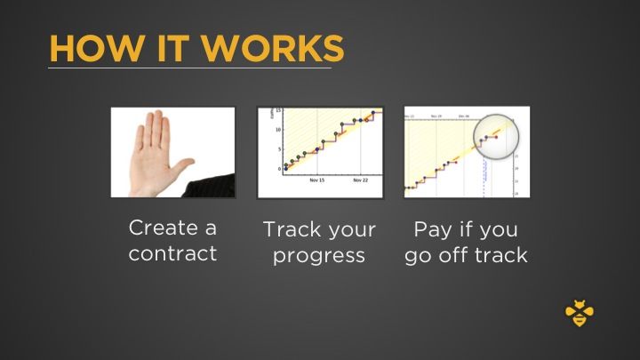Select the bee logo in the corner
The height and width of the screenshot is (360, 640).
point(580,313)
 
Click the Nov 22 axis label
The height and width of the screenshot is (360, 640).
point(360,179)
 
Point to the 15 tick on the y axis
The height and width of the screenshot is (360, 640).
point(278,111)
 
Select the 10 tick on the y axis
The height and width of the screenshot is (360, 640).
point(278,130)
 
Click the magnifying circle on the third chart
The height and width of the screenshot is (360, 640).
point(493,134)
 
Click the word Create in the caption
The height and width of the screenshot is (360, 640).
point(172,228)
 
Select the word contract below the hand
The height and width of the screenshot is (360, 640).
point(172,253)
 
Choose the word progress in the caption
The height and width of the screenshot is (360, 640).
point(319,256)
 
